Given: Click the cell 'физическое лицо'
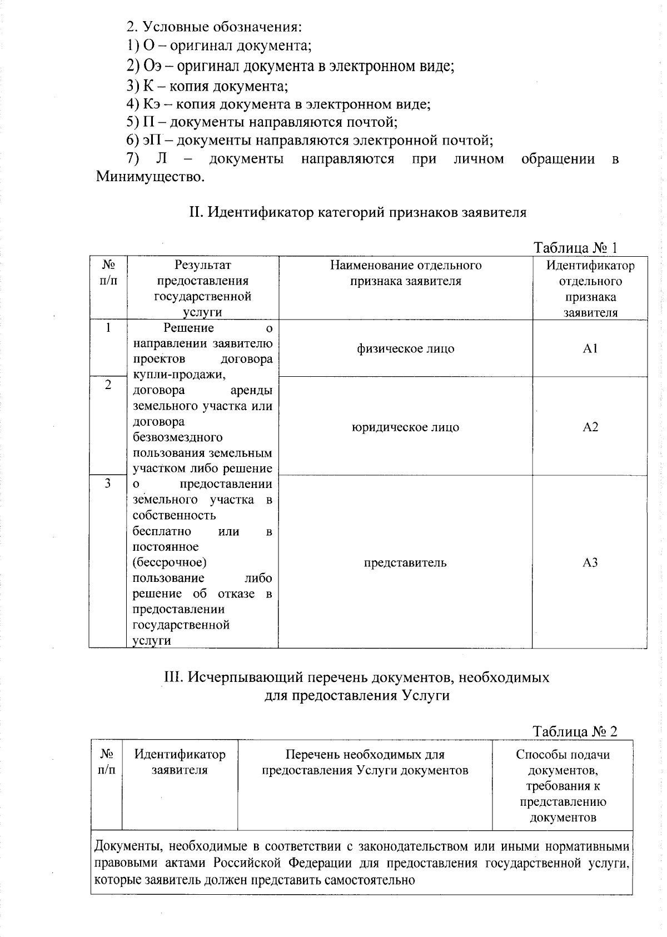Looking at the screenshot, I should (405, 348).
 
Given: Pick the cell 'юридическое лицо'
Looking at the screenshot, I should (405, 427).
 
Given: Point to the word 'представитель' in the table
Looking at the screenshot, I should (405, 562).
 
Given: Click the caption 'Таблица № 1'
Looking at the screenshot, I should (575, 248).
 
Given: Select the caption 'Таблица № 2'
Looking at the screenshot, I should (575, 731).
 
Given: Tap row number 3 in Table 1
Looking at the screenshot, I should (108, 483).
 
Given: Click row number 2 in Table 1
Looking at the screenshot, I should (108, 385).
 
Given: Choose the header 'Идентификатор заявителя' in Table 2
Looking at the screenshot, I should (180, 762).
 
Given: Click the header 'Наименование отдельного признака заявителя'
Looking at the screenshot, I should (405, 273).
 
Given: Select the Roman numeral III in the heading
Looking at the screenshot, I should (172, 677).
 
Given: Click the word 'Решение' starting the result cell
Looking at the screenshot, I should (188, 328).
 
